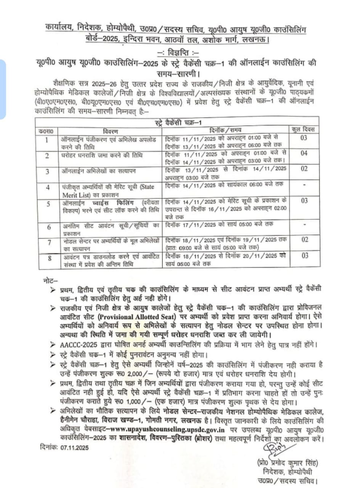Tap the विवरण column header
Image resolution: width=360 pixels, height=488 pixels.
pos(111,130)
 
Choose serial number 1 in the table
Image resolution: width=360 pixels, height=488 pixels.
pos(47,140)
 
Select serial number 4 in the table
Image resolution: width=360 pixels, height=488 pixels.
pos(47,188)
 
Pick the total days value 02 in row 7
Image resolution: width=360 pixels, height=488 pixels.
pos(304,240)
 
